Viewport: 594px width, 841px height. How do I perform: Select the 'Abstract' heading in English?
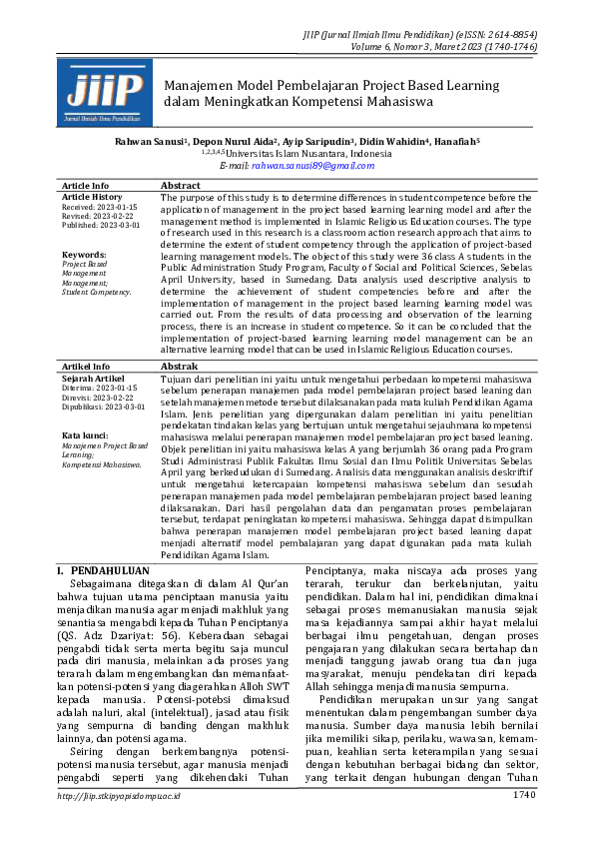point(181,186)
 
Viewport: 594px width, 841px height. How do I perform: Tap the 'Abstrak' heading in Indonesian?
point(180,367)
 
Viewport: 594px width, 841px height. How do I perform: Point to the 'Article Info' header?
point(86,186)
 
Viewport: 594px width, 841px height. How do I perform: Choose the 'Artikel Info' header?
point(87,367)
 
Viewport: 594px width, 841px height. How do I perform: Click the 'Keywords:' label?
point(84,255)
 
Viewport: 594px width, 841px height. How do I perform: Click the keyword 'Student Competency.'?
point(96,292)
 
